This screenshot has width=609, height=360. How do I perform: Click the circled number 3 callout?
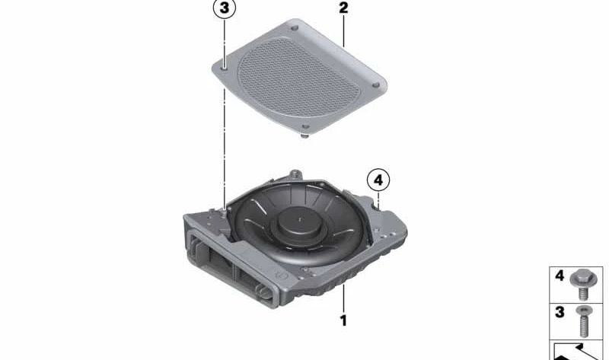click(x=223, y=11)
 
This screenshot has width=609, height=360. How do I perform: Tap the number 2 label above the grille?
click(x=343, y=9)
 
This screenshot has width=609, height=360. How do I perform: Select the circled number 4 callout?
click(x=378, y=181)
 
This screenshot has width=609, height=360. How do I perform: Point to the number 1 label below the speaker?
click(x=343, y=321)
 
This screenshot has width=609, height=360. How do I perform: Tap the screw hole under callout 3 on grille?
click(x=225, y=68)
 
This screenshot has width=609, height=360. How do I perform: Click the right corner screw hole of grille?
click(x=375, y=84)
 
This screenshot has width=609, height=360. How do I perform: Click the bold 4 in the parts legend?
click(x=560, y=277)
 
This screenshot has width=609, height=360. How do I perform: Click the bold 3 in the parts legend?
click(x=560, y=313)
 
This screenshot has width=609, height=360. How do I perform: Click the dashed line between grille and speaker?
click(x=225, y=137)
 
